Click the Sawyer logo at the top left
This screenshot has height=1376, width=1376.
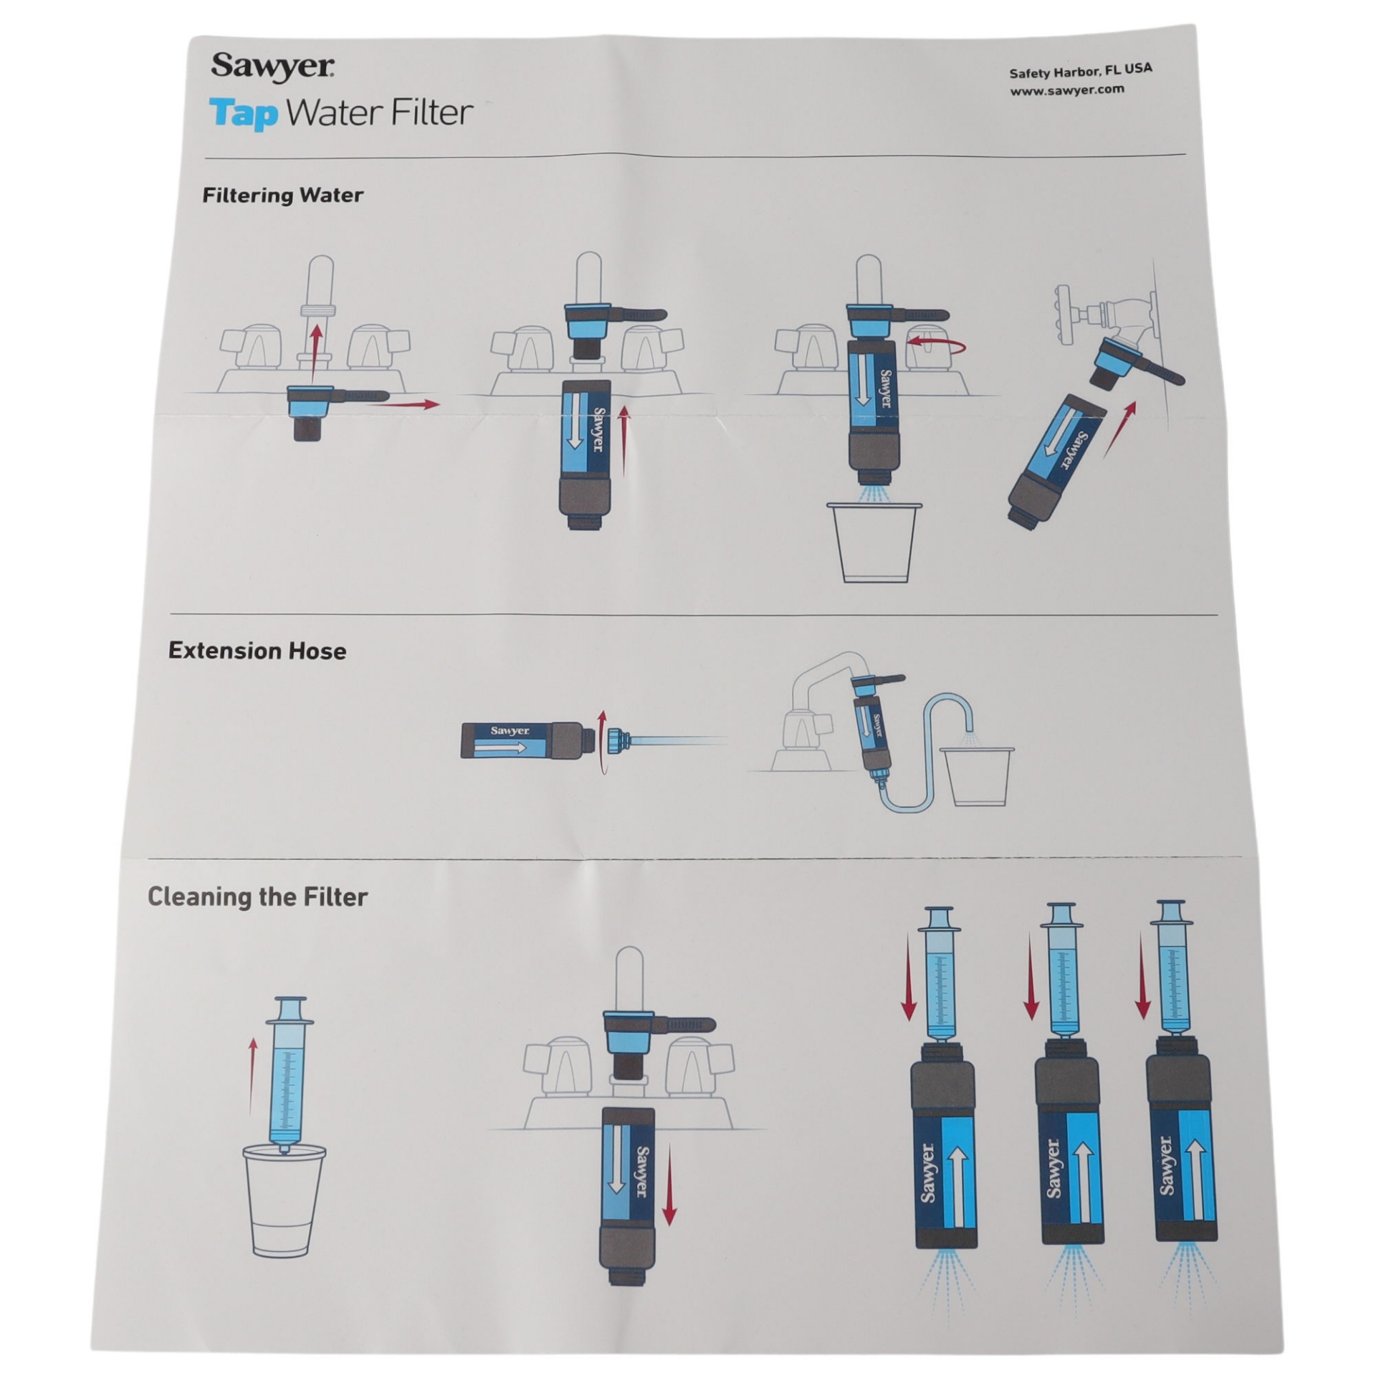(x=272, y=67)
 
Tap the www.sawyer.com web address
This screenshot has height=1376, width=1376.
(x=1066, y=90)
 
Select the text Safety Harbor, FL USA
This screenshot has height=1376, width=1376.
(x=1080, y=71)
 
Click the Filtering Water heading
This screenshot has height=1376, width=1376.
(x=282, y=195)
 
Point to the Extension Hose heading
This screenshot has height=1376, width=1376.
(x=257, y=650)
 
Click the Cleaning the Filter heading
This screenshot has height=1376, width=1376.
(x=257, y=897)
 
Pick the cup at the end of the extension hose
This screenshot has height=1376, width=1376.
(x=976, y=777)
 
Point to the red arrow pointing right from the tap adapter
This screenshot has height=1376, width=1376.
(x=406, y=405)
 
